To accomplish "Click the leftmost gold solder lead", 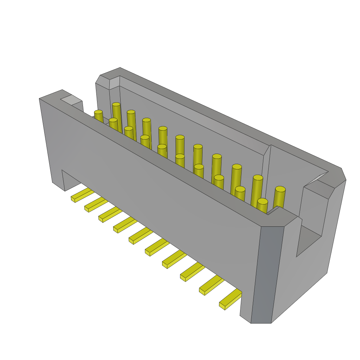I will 82,195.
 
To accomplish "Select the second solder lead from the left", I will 96,205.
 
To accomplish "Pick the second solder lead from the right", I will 211,285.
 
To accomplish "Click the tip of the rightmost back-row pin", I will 280,189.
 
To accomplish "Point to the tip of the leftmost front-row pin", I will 98,112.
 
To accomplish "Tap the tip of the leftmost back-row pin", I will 116,104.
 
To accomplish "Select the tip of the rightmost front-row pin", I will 263,201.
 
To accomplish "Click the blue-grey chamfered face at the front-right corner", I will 267,274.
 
